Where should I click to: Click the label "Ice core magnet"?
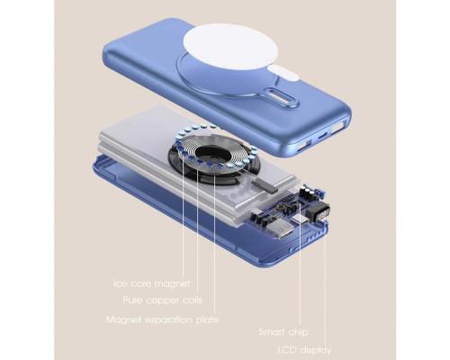(152, 283)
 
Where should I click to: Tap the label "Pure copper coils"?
(162, 301)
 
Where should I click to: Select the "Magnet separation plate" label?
(163, 319)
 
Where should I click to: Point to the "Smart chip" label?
(283, 332)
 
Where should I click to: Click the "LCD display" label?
(304, 350)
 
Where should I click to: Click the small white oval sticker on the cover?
(283, 73)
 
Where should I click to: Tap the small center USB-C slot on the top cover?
(322, 137)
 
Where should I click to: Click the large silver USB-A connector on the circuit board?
(281, 229)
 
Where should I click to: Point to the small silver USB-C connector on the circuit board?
(300, 220)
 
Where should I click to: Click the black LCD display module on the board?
(318, 212)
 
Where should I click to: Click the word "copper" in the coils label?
(163, 301)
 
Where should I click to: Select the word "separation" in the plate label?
(169, 320)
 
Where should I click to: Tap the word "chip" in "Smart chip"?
(298, 332)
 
